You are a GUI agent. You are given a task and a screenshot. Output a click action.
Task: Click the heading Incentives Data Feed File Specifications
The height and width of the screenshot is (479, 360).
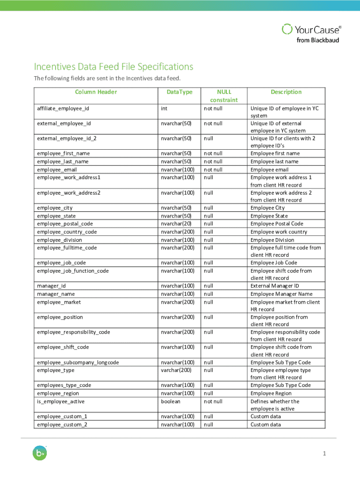pyautogui.click(x=113, y=67)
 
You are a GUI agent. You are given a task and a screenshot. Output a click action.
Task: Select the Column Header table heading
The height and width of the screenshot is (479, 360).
pyautogui.click(x=96, y=92)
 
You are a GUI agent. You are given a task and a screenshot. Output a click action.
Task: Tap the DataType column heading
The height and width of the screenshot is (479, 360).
pyautogui.click(x=180, y=92)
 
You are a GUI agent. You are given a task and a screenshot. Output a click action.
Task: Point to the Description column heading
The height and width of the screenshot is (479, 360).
pyautogui.click(x=286, y=92)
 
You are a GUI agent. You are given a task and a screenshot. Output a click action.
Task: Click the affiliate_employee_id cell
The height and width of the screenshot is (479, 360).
pyautogui.click(x=63, y=109)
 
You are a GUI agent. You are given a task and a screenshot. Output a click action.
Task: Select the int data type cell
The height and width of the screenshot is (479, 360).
pyautogui.click(x=164, y=109)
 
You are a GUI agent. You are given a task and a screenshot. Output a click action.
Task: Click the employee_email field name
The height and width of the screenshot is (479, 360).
pyautogui.click(x=57, y=169)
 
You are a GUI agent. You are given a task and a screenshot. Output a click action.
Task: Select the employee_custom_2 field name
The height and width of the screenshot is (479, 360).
pyautogui.click(x=62, y=424)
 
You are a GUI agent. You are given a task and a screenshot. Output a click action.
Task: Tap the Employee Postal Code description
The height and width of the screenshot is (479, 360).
pyautogui.click(x=277, y=224)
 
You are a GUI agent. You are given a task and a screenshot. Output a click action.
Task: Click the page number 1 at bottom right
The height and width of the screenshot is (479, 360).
pyautogui.click(x=324, y=454)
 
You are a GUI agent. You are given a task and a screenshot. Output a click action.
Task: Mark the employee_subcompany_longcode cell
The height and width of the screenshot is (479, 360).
pyautogui.click(x=78, y=362)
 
